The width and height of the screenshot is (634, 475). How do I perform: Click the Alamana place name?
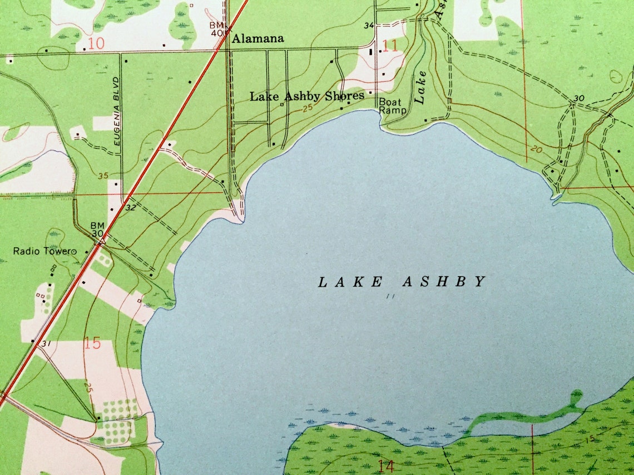tap(257, 39)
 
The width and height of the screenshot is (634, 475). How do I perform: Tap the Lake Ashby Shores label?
tap(306, 96)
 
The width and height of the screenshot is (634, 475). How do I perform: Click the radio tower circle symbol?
tap(72, 252)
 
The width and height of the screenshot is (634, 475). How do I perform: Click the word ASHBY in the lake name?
tap(444, 282)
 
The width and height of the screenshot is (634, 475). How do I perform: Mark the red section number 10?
tap(96, 43)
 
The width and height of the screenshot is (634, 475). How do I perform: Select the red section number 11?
tap(390, 45)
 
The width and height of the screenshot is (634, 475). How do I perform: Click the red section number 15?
tap(92, 343)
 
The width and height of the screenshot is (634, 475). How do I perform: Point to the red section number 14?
tap(385, 466)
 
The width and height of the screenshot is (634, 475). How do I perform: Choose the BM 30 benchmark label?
tap(97, 230)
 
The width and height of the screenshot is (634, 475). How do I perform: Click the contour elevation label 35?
tap(103, 176)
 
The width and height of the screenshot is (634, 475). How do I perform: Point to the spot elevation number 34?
tap(369, 26)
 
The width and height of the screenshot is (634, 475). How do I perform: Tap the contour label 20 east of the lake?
tap(536, 149)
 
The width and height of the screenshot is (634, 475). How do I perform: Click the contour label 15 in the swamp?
tap(590, 439)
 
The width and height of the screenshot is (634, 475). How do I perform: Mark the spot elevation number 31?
tap(46, 344)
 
